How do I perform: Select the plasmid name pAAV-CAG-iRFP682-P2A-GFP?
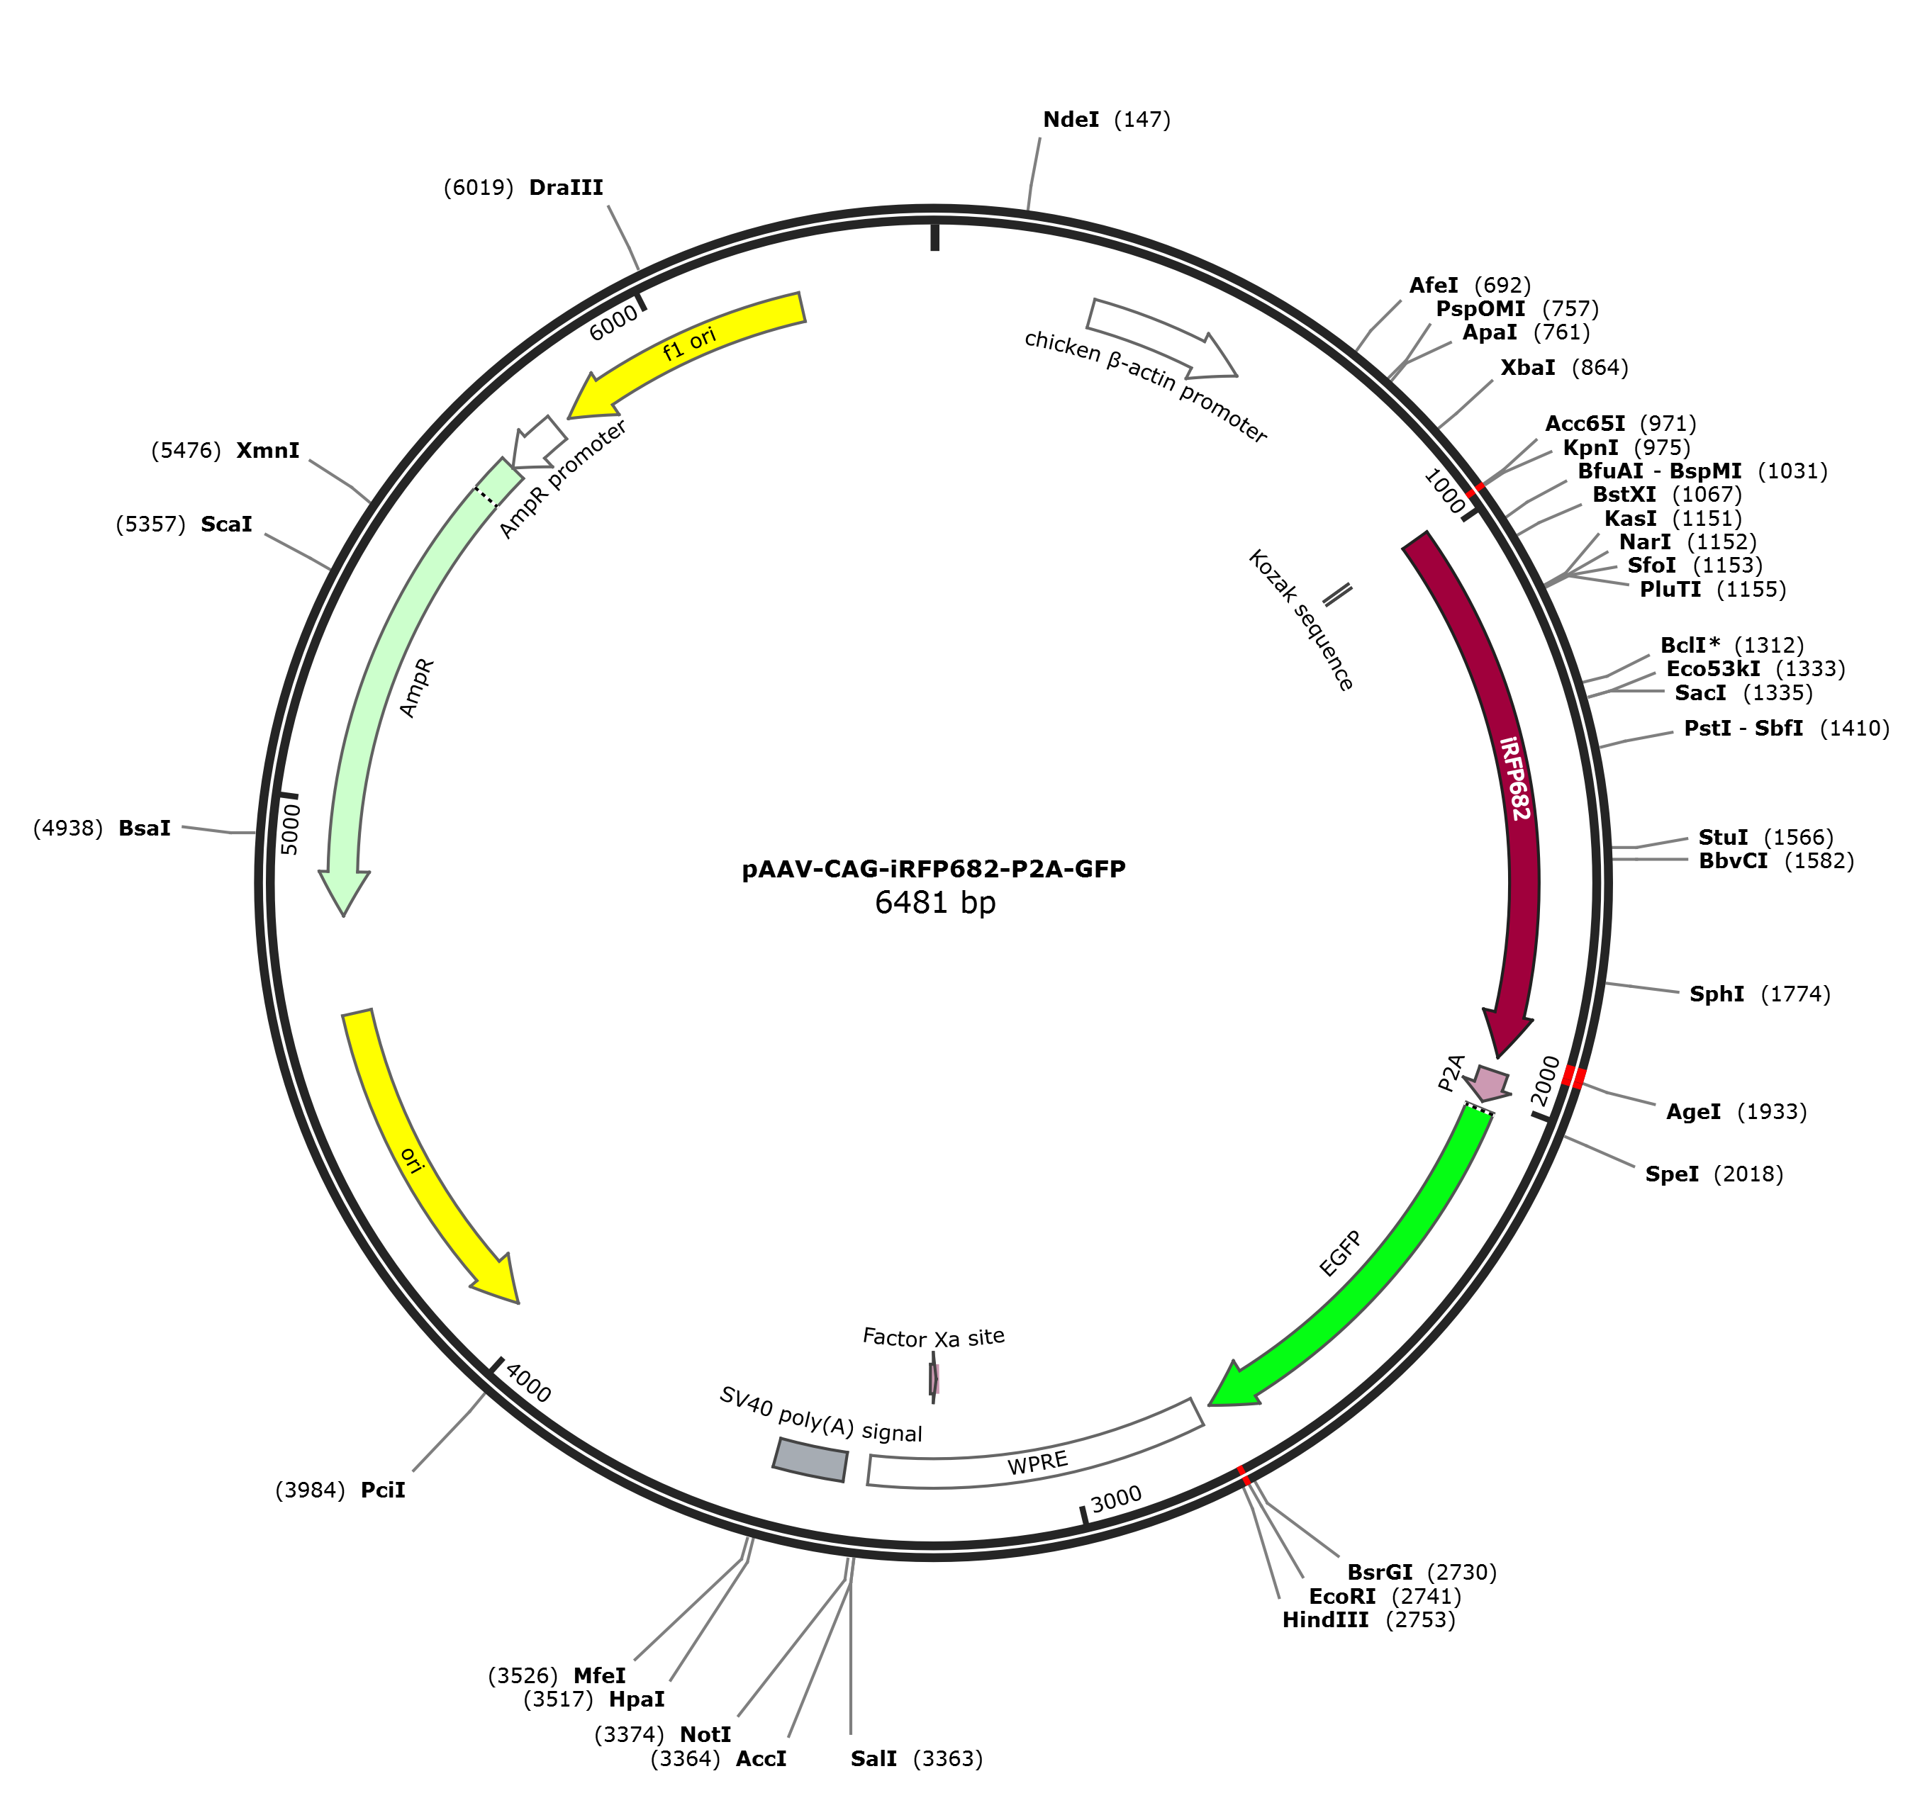(934, 869)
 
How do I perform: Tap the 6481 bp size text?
(935, 903)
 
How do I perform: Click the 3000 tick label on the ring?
(1117, 1499)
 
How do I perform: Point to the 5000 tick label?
(291, 828)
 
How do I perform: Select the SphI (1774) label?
(1760, 994)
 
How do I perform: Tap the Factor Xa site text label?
(933, 1337)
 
